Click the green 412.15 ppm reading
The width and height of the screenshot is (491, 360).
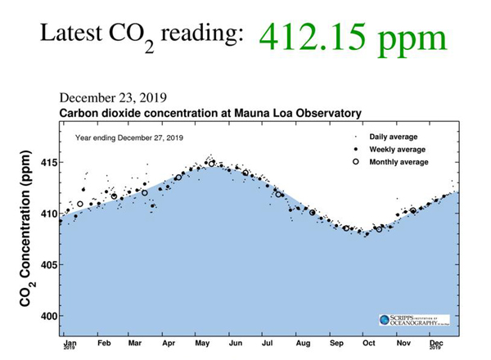[354, 38]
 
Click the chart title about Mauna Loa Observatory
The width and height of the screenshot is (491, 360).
[210, 113]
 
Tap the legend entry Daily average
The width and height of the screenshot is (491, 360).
[394, 137]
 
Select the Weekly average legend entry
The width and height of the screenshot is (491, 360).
[398, 150]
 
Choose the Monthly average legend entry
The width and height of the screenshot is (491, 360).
[399, 162]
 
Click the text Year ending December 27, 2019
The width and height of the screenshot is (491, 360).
[129, 137]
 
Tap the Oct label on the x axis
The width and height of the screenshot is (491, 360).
[368, 344]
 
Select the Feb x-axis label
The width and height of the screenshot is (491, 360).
[103, 344]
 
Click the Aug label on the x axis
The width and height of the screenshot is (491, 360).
[302, 344]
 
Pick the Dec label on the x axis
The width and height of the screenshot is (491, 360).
[436, 343]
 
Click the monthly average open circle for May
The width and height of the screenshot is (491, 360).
[212, 164]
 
